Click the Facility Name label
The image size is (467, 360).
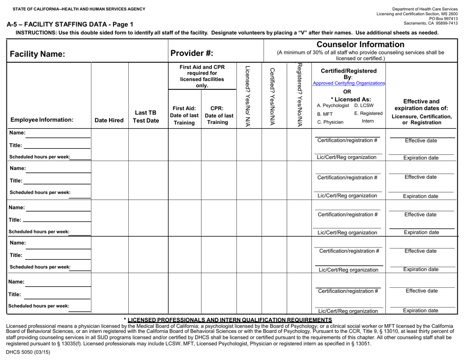38,54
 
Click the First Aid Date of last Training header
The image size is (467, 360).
184,115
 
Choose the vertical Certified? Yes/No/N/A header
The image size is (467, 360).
273,95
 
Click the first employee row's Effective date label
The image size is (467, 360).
421,140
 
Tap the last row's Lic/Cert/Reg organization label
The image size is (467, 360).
348,310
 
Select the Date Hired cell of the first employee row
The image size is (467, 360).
109,145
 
